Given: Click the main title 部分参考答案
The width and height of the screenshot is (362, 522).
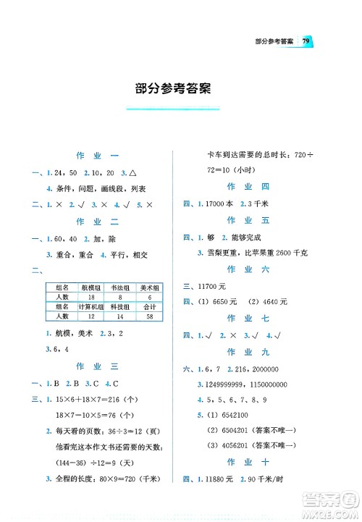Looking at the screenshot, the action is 173,90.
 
